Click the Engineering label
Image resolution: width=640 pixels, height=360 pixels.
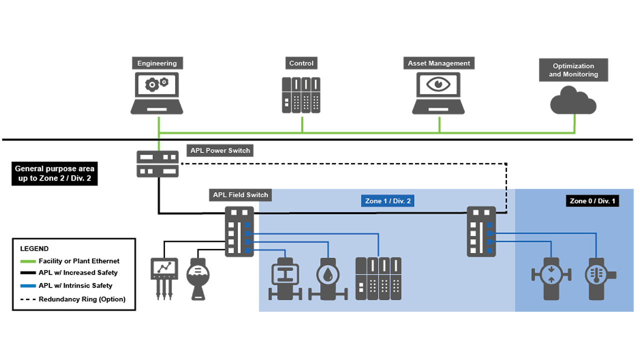(x=157, y=63)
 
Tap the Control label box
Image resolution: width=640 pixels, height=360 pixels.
(x=301, y=63)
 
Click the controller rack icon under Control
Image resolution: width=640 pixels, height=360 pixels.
(x=301, y=95)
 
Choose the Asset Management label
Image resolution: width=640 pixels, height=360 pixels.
(x=439, y=63)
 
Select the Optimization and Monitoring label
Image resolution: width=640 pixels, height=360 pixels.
(x=573, y=70)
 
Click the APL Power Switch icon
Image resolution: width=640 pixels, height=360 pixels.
(x=157, y=164)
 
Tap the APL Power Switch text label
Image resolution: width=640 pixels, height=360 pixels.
(x=220, y=150)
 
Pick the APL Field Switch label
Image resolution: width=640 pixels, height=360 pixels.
(x=240, y=195)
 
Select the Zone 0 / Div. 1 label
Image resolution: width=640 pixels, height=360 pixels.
(x=592, y=201)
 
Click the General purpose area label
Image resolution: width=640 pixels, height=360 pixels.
(x=54, y=173)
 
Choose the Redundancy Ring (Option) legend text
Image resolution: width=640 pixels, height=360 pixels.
(x=82, y=299)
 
